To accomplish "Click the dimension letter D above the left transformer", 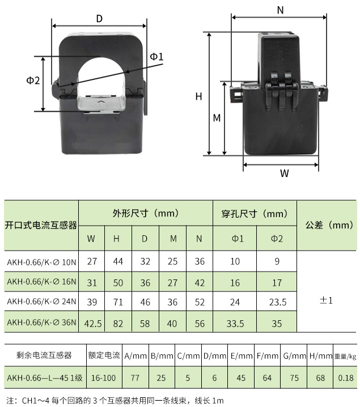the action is click(99, 19).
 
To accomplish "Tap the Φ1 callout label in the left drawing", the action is click(157, 56).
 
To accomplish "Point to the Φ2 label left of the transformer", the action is click(33, 80).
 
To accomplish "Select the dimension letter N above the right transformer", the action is click(280, 10).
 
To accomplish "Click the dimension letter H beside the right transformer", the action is click(198, 96).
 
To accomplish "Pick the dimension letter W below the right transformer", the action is click(285, 173).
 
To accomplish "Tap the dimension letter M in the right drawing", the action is click(217, 118).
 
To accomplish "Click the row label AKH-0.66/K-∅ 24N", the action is click(41, 302).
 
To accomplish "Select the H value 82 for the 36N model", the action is click(118, 324).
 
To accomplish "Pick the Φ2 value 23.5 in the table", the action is click(278, 302).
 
